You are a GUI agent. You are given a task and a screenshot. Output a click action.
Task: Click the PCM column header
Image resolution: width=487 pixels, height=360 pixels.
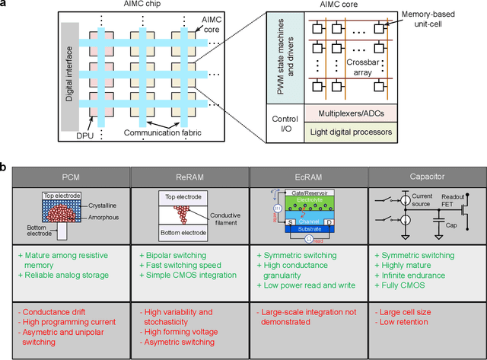click(72, 176)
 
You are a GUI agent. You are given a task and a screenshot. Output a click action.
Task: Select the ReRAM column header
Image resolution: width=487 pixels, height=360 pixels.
click(189, 176)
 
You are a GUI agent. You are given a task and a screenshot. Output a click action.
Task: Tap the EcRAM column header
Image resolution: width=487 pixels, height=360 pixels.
click(309, 176)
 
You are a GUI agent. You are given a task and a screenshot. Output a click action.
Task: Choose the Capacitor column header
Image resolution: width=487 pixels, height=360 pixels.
click(427, 176)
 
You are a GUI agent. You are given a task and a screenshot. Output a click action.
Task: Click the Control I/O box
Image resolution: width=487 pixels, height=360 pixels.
click(285, 123)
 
